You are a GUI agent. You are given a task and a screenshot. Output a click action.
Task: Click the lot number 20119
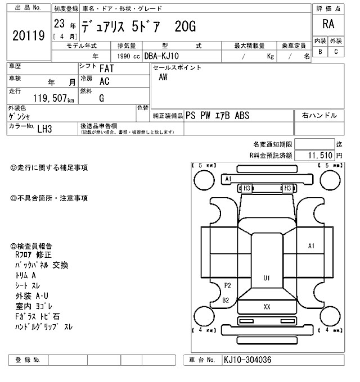tap(28, 36)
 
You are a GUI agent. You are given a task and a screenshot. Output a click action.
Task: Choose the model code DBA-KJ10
tap(163, 56)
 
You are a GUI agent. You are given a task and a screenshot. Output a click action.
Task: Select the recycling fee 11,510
tap(321, 154)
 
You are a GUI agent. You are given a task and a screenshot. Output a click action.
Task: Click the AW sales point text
tap(163, 78)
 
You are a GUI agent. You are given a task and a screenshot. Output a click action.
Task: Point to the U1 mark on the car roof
tap(267, 278)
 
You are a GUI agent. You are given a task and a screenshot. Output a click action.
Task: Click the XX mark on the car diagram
tap(267, 306)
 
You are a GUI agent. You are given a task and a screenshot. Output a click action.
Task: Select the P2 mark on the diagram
tap(227, 285)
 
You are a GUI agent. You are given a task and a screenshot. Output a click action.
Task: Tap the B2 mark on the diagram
tap(226, 300)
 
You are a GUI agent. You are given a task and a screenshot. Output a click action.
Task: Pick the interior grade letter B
tap(320, 52)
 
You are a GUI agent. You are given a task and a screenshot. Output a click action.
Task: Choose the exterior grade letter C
tap(336, 52)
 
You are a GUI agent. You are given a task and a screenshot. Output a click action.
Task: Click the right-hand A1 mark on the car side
tap(311, 245)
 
